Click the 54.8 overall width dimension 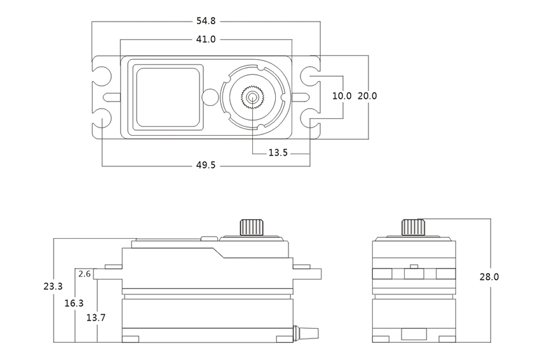coord(206,22)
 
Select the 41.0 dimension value coord(206,39)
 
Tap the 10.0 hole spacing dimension coord(342,96)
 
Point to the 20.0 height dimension coord(367,96)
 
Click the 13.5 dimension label coord(278,153)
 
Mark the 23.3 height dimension coord(53,287)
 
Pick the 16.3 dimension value coord(74,303)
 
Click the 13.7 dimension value coord(96,317)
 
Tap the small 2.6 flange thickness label coord(84,274)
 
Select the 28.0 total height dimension coord(489,277)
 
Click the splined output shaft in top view coord(253,97)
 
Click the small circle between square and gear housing coord(209,97)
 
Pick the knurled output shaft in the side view coord(251,227)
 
